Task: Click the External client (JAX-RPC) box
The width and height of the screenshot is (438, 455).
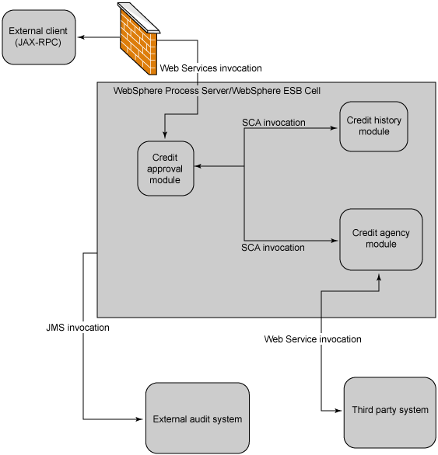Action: (x=39, y=37)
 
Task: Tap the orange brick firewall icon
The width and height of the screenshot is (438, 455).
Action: (x=138, y=39)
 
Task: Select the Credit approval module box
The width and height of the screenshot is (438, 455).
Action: (x=166, y=168)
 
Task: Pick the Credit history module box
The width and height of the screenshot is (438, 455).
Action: (x=373, y=127)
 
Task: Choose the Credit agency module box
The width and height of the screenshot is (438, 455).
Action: (x=381, y=239)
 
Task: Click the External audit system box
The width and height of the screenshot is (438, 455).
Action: (x=198, y=418)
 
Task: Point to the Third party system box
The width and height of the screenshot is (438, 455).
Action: (x=390, y=412)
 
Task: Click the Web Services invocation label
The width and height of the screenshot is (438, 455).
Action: (x=211, y=68)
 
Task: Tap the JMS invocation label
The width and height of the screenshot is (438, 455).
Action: (x=78, y=328)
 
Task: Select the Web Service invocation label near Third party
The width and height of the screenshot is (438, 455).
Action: (x=313, y=339)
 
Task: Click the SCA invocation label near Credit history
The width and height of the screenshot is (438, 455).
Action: (x=274, y=123)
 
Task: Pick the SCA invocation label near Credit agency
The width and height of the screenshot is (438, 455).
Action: (x=273, y=248)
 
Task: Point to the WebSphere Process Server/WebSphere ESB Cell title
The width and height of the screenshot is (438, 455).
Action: (x=217, y=91)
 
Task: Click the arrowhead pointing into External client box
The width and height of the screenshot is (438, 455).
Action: (x=81, y=37)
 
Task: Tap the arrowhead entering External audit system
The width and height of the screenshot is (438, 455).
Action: (x=139, y=419)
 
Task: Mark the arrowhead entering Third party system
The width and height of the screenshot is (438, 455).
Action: (x=338, y=411)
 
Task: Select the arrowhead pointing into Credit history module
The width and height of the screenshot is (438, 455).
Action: (x=334, y=128)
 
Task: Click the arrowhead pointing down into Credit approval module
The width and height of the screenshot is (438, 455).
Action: (x=165, y=134)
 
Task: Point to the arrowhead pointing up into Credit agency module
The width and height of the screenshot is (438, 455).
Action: (x=379, y=277)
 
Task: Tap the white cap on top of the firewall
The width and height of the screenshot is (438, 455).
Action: (x=139, y=17)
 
